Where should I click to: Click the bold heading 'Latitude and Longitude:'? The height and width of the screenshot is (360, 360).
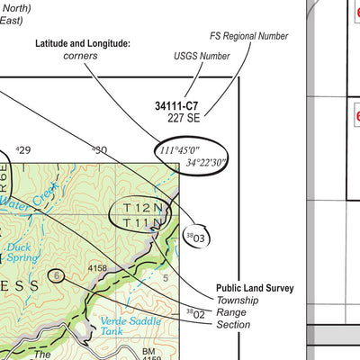[83, 42]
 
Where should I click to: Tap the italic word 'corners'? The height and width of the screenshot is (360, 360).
[81, 56]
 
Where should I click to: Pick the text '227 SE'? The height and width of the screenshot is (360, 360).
[183, 117]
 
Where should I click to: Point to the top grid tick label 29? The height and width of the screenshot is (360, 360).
[22, 150]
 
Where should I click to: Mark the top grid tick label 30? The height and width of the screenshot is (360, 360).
[99, 150]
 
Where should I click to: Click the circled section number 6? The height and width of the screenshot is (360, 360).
[58, 275]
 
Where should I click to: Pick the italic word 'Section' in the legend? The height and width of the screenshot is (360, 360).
[233, 324]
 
